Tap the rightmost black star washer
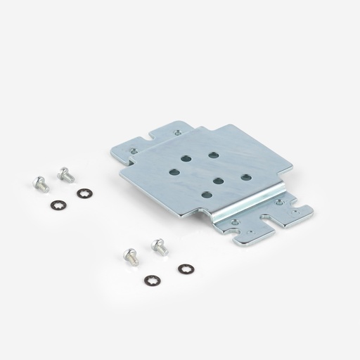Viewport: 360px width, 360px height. click(185, 268)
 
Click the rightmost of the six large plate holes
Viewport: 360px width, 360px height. click(245, 177)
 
